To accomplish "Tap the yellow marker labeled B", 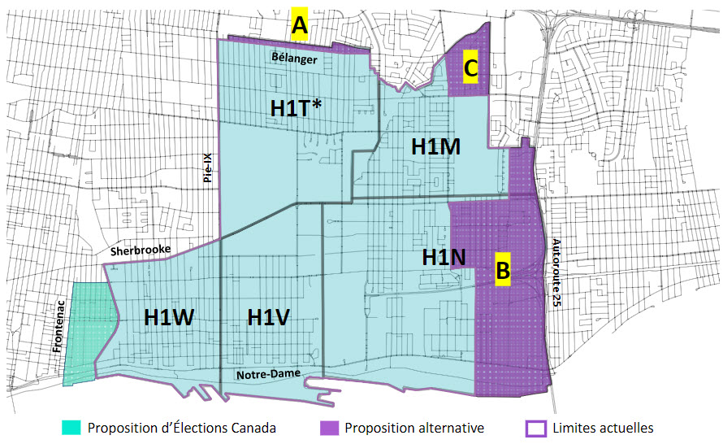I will coord(503,269).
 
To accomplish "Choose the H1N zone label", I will coord(444,258).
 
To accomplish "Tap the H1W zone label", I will coord(169,317).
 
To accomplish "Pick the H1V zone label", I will coord(269,317).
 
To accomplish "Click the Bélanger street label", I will coord(295,59).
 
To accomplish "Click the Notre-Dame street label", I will coord(268,374).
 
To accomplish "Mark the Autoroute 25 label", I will coord(556,272).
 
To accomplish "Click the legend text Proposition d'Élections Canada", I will coord(182,428).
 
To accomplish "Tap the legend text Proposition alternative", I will coord(414,428).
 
